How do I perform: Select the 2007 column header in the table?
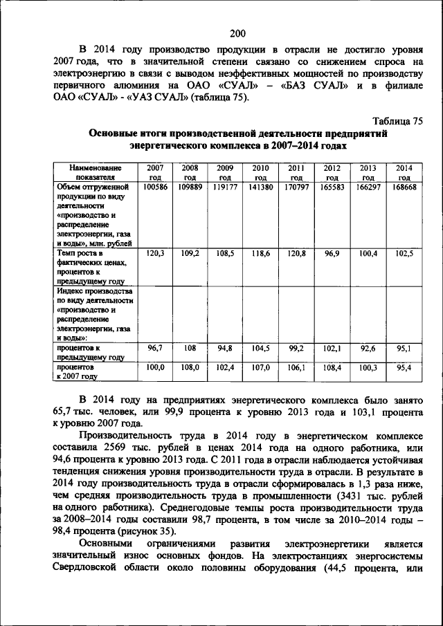point(155,172)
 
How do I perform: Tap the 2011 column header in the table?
point(296,172)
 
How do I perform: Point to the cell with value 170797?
point(296,187)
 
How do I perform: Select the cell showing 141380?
point(261,187)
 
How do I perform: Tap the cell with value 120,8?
point(296,254)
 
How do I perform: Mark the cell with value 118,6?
point(261,254)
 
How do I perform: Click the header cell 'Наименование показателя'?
point(96,172)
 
